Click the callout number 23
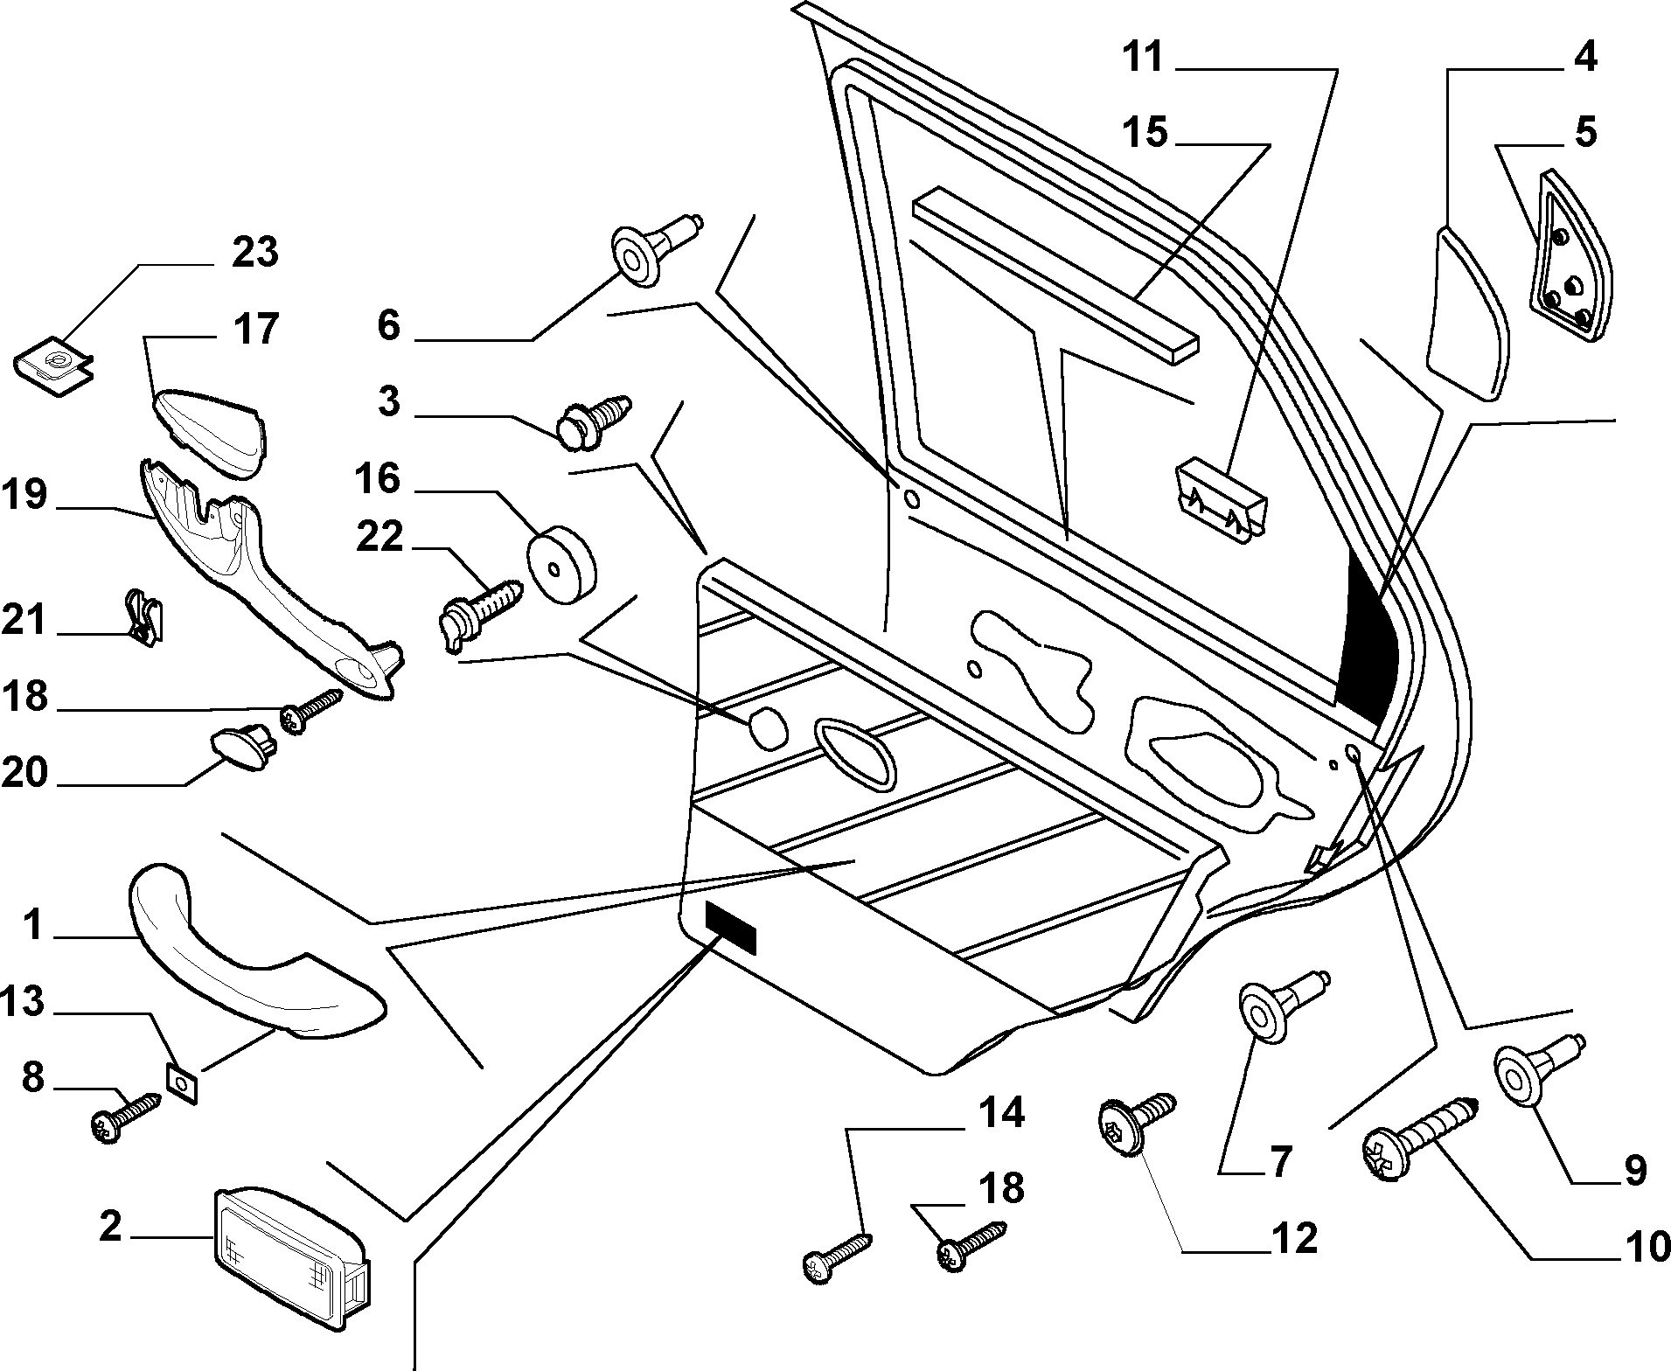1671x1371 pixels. click(254, 252)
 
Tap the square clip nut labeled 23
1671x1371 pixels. click(54, 368)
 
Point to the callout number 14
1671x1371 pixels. click(1000, 1113)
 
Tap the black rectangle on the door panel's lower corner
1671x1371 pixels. click(731, 927)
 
